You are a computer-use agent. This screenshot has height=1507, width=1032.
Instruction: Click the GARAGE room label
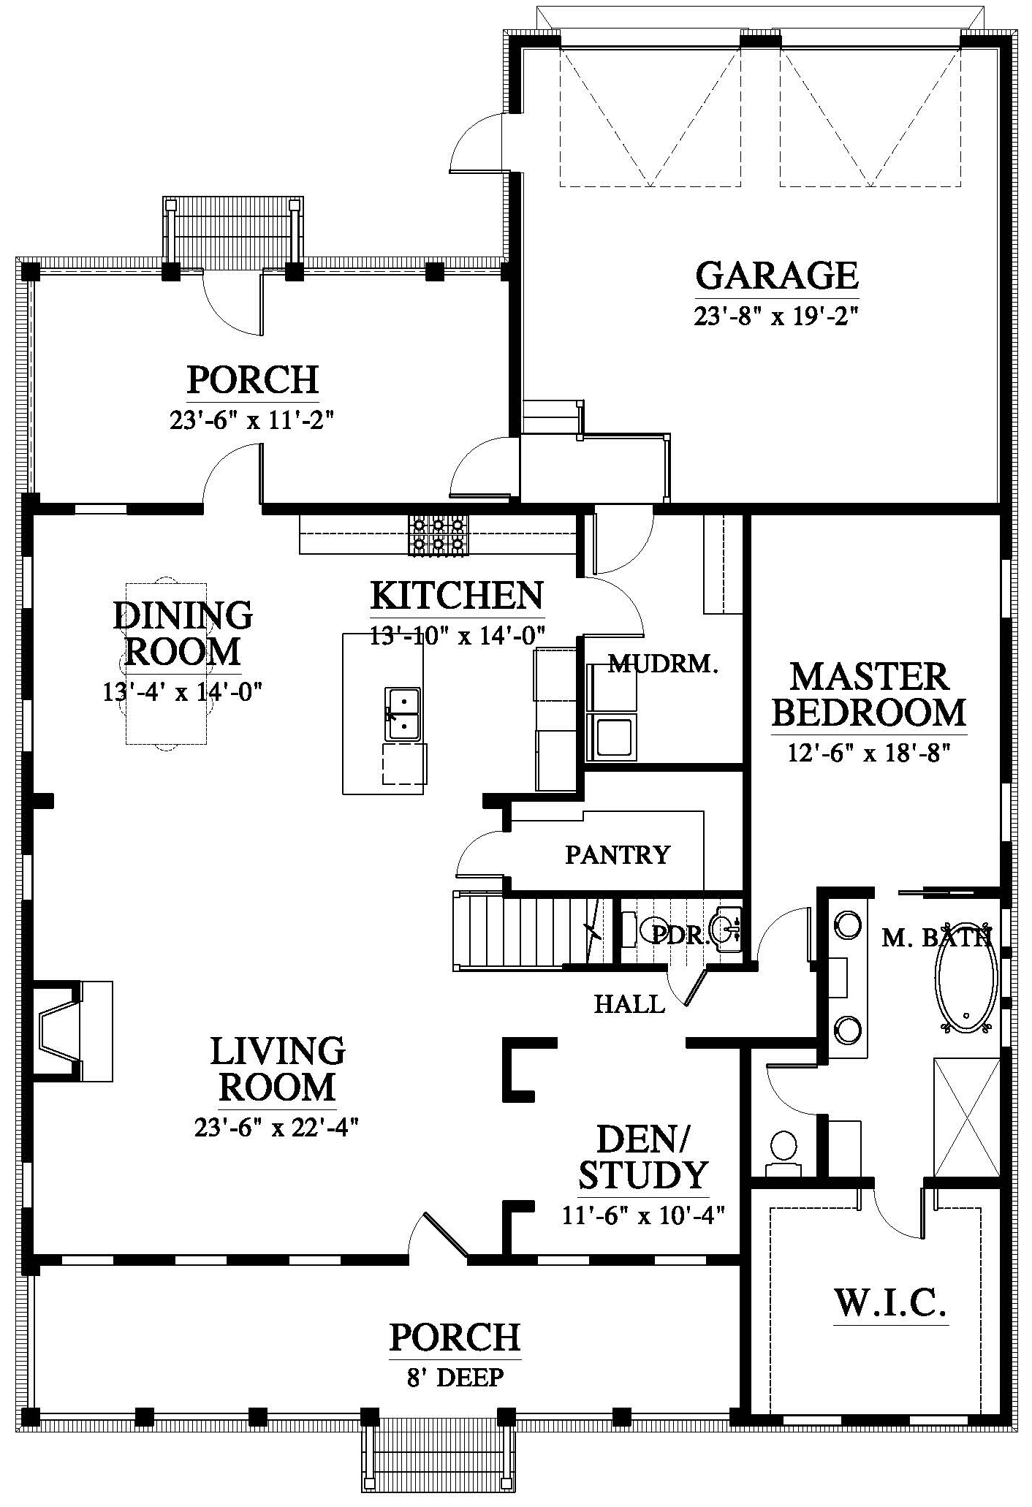coord(777,275)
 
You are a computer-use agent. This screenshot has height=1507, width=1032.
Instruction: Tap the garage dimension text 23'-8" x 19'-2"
coord(775,316)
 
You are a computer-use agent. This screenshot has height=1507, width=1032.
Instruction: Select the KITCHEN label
coord(458,595)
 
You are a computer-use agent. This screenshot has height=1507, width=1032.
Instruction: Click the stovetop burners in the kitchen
coord(439,536)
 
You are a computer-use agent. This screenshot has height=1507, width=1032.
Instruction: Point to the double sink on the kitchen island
coord(403,713)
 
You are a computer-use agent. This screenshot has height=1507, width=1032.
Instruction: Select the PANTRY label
coord(618,854)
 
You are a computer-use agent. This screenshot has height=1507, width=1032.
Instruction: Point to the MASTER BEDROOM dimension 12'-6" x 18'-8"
coord(868,753)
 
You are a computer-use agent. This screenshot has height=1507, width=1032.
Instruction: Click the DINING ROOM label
coord(183,633)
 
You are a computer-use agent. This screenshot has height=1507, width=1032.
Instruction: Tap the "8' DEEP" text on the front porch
coord(455,1378)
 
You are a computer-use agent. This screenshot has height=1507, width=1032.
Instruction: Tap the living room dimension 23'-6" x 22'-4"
coord(276,1128)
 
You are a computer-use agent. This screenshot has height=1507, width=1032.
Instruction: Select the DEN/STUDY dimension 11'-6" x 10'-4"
coord(643,1215)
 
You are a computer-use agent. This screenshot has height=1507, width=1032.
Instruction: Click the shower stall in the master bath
coord(966,1117)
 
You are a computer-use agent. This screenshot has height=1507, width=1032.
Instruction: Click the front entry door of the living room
coord(439,1237)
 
